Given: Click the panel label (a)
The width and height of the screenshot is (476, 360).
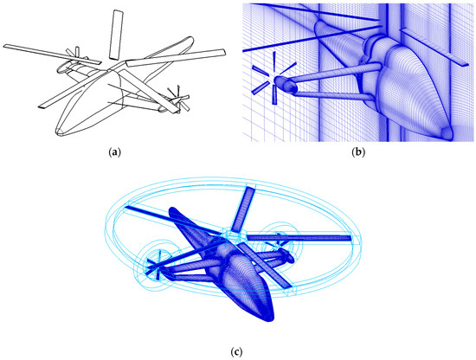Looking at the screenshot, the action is [x=114, y=152].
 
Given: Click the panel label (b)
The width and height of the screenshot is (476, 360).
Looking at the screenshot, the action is [x=358, y=152].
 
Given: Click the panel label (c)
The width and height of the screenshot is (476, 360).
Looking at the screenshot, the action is [x=237, y=352].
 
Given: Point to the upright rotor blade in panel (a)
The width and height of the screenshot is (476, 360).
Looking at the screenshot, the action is [x=116, y=35].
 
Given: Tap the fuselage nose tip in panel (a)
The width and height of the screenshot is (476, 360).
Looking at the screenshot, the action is [x=59, y=132].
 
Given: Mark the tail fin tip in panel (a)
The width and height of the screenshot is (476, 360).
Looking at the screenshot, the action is [x=190, y=39].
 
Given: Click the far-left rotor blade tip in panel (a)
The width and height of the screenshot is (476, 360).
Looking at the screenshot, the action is [x=5, y=46].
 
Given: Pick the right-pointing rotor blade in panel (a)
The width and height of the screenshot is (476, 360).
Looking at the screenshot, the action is [x=176, y=58].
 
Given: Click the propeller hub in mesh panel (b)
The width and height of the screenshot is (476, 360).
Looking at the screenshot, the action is [x=280, y=80].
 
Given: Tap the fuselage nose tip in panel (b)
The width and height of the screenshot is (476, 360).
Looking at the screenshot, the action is [x=448, y=134].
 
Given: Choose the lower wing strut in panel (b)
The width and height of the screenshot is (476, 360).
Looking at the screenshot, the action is [x=334, y=94].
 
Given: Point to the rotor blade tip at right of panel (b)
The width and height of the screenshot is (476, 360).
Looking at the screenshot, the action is [x=466, y=64].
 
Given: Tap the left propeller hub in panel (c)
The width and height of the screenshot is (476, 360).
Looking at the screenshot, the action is [x=156, y=267].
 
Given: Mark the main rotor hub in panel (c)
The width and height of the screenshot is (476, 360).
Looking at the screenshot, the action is [x=231, y=236].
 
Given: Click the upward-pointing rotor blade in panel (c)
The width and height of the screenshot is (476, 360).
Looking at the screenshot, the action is [x=243, y=209].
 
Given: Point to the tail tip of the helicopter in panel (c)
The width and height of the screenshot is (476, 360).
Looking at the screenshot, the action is [x=172, y=210].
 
